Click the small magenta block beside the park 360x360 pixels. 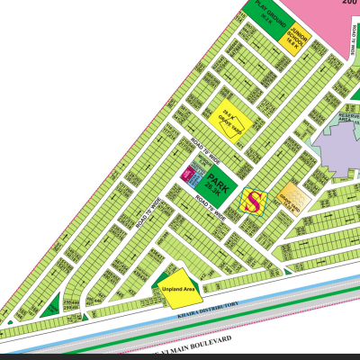pos(188,172)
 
